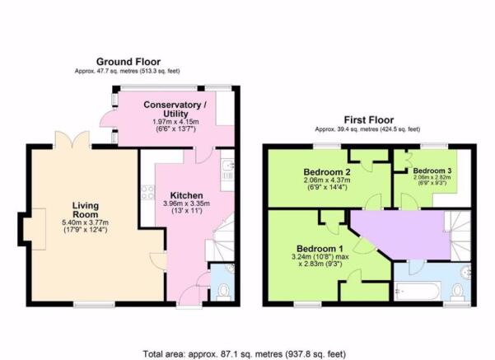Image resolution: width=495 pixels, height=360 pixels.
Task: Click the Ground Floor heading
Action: point(128,62)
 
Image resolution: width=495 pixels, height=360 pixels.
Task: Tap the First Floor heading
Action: point(369,120)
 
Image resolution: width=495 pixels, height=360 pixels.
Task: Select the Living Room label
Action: point(86,210)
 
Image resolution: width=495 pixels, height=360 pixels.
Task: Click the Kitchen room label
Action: point(187,195)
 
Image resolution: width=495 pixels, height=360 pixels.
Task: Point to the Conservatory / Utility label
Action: point(175,110)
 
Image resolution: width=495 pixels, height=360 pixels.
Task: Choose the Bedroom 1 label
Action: point(320,249)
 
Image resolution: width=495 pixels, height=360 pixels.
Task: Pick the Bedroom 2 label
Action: point(327,172)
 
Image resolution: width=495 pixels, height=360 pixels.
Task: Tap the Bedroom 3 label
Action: point(432,171)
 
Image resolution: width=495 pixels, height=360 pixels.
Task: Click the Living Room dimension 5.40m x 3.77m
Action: point(86,222)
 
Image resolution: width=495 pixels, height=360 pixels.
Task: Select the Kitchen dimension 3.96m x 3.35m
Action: point(187,203)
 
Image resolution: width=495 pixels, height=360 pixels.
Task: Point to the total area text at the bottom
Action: point(245,354)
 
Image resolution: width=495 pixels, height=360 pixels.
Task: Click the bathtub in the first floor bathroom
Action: point(417,292)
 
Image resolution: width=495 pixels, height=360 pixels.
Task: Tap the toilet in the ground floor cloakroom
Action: point(224,291)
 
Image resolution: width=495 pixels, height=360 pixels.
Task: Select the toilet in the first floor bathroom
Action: point(457,292)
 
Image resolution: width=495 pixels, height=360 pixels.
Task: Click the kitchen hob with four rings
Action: point(147,192)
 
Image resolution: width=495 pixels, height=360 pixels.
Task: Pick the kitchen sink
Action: point(227,171)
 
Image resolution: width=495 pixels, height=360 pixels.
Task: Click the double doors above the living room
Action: point(72,140)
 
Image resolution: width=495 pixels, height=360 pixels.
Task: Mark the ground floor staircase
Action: point(223,237)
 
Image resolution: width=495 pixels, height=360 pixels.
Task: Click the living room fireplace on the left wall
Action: point(32,229)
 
